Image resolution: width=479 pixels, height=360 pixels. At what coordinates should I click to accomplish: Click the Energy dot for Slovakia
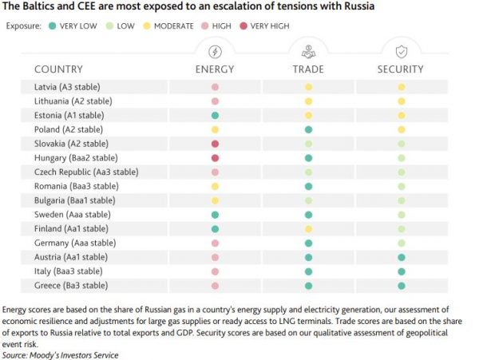215,144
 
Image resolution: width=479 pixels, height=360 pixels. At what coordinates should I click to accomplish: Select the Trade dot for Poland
308,129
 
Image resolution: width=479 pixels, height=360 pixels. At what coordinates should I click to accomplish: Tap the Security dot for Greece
401,285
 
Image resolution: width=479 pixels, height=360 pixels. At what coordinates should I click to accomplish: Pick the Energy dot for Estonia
215,115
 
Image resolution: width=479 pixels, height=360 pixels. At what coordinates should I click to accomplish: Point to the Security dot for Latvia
401,86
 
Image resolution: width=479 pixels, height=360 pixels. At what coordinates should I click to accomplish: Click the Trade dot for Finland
308,228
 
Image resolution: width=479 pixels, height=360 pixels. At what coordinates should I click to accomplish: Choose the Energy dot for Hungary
215,158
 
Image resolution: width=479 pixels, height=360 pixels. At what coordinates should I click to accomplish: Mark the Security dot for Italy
401,271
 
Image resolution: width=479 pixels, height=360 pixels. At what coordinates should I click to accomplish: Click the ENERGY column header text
215,69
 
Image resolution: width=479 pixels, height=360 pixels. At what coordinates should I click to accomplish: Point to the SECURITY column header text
400,69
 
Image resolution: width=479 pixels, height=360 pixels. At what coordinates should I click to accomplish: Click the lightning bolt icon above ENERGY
215,51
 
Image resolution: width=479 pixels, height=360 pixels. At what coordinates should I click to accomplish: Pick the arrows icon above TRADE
308,51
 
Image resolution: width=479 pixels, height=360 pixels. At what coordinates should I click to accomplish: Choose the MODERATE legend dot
146,26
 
